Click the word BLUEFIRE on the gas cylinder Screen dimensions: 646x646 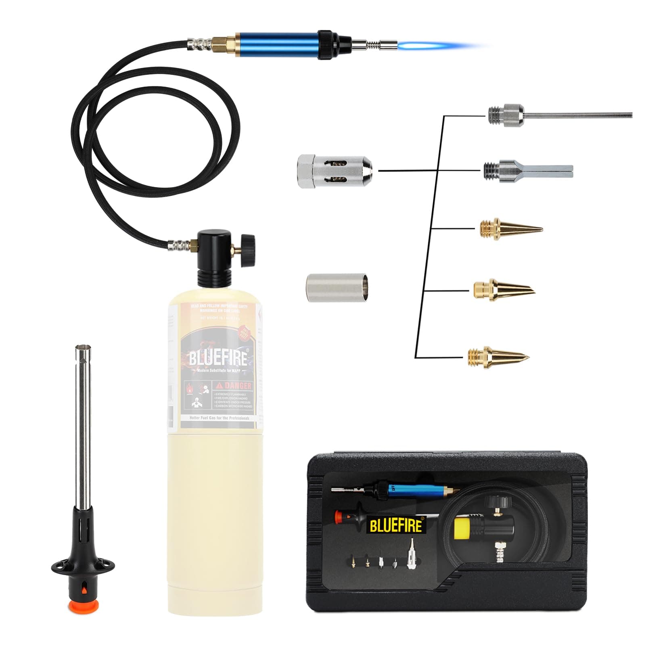218,358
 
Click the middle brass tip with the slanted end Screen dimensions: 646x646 504,289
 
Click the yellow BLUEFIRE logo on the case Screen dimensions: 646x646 395,525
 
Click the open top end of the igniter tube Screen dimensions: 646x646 83,347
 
